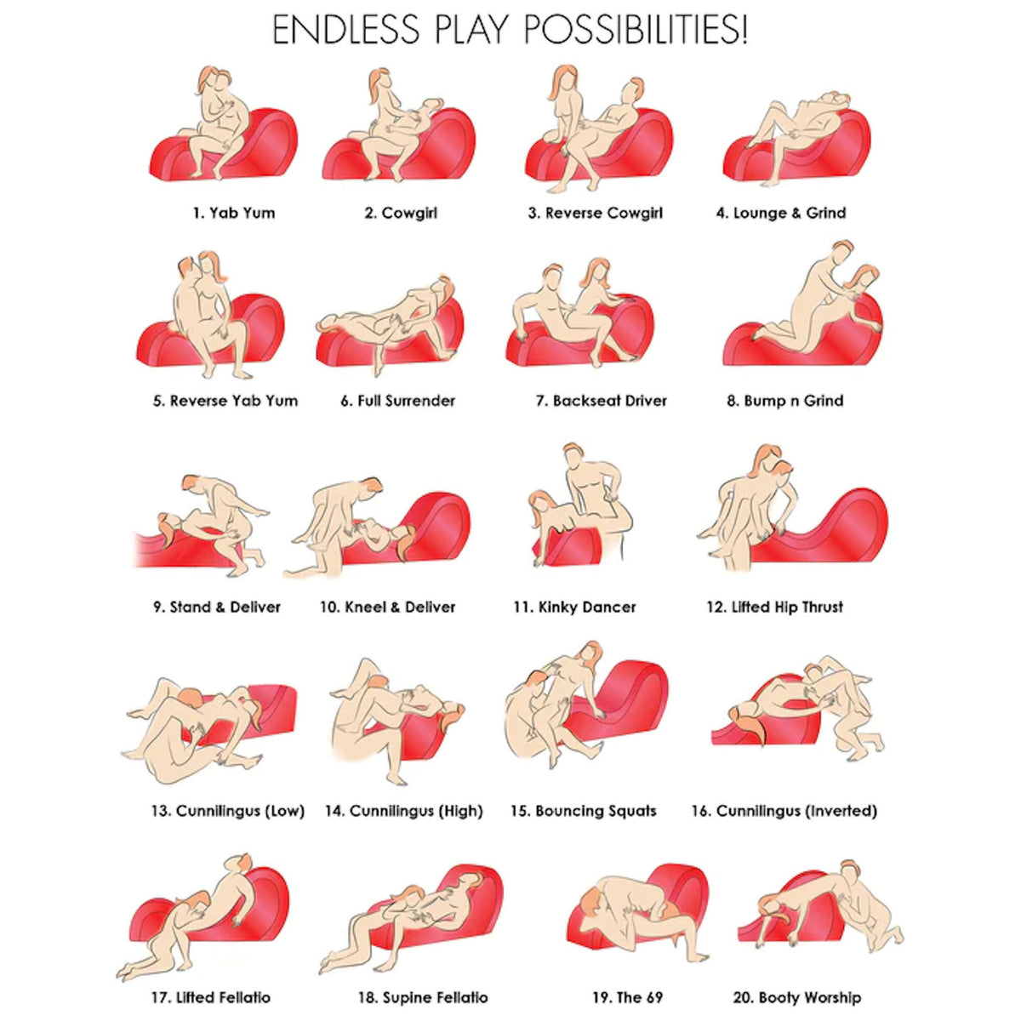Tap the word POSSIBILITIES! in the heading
[x=636, y=31]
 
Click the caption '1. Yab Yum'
[x=234, y=213]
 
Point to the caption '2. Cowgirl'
[x=401, y=213]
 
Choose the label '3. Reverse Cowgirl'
[x=595, y=213]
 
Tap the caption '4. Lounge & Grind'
[x=781, y=213]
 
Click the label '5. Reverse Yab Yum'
[x=225, y=401]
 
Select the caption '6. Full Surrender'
[x=398, y=401]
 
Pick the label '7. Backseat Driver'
[x=602, y=401]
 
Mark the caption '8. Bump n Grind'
[x=785, y=401]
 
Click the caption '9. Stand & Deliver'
[x=217, y=607]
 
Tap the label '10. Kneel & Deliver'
[x=388, y=607]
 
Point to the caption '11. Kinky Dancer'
[x=574, y=607]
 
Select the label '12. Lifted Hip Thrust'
[x=774, y=607]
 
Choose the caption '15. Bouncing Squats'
[x=584, y=811]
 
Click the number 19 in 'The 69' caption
[x=602, y=998]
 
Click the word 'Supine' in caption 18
[x=406, y=998]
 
